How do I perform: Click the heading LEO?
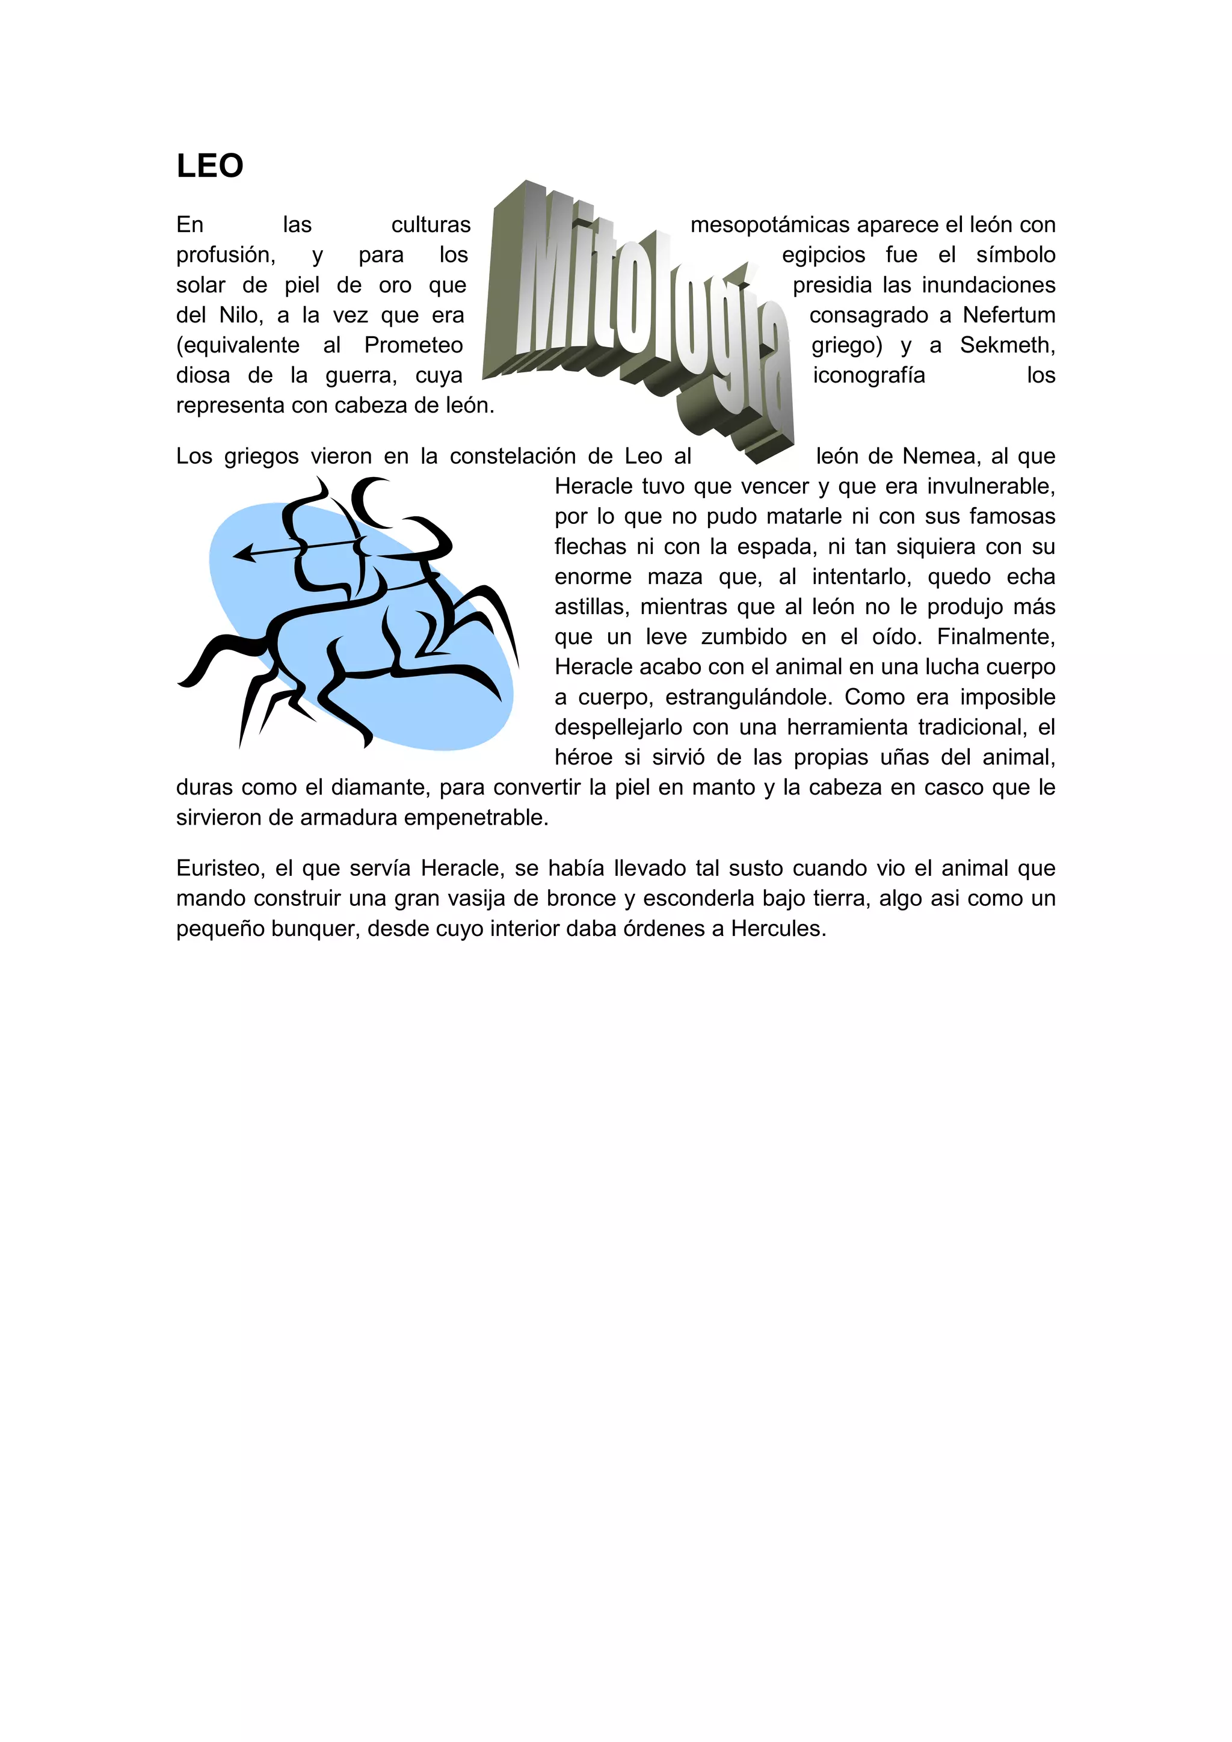click(x=209, y=166)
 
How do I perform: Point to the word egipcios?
click(x=823, y=255)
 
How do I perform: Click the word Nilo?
click(x=241, y=315)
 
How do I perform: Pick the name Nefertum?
click(x=1009, y=315)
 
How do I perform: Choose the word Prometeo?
click(x=413, y=345)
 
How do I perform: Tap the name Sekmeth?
click(x=1006, y=345)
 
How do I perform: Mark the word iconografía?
click(x=869, y=375)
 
